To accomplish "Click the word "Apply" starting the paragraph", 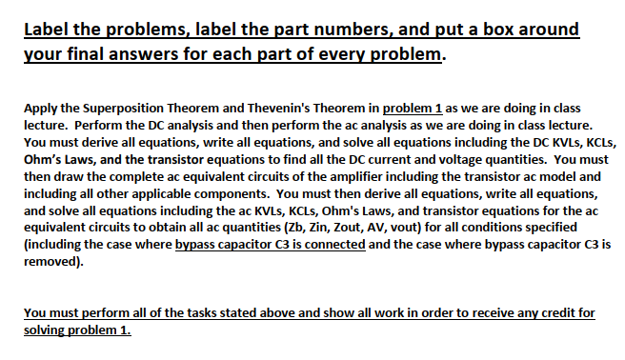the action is (39, 108).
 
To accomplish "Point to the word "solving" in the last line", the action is (45, 330).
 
